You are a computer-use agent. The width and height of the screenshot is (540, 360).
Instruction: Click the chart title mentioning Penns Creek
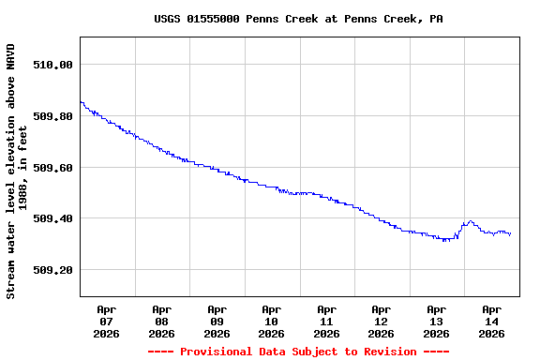click(x=298, y=19)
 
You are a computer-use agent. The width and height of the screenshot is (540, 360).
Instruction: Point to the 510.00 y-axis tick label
click(x=52, y=65)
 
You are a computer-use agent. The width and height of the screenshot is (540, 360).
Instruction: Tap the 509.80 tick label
click(x=52, y=116)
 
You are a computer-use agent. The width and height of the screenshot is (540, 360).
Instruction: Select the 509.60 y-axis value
click(x=52, y=168)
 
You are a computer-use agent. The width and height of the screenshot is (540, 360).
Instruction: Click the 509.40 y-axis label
click(x=52, y=218)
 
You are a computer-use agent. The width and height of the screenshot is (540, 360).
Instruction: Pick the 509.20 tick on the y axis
click(x=52, y=270)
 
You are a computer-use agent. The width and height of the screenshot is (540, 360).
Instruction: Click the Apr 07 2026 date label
click(x=107, y=321)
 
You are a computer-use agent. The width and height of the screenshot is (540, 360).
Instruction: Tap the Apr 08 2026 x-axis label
click(x=161, y=321)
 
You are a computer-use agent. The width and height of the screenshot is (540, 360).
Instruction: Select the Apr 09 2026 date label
click(x=217, y=321)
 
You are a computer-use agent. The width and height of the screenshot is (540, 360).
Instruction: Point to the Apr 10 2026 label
click(x=271, y=321)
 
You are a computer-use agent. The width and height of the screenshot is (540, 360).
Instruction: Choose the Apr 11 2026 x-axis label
click(x=326, y=321)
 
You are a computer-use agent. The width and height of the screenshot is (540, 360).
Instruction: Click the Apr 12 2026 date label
click(x=381, y=321)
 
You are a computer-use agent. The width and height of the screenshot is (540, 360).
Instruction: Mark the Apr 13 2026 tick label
click(x=436, y=321)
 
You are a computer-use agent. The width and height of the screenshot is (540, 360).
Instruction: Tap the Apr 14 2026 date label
click(x=491, y=321)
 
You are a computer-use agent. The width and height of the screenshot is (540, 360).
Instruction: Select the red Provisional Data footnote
click(x=298, y=352)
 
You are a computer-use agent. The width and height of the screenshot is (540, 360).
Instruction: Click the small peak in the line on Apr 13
click(x=470, y=222)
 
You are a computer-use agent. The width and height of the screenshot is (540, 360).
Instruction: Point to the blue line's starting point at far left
click(x=81, y=102)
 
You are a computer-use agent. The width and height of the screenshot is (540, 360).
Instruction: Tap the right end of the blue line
click(x=510, y=234)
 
